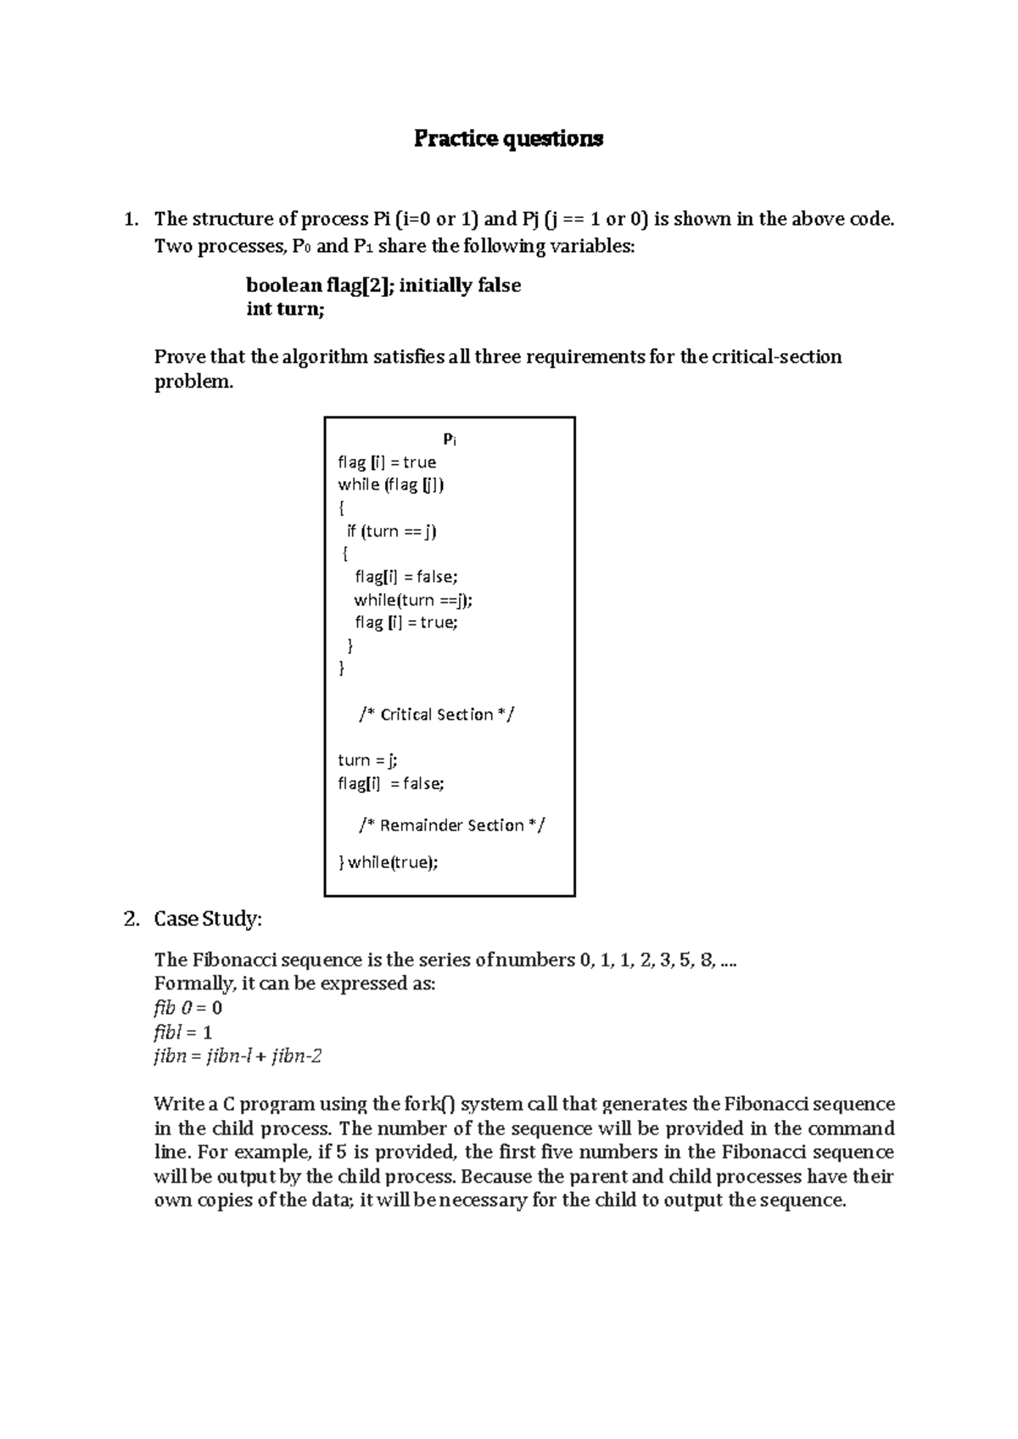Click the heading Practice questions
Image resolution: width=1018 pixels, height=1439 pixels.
[x=508, y=138]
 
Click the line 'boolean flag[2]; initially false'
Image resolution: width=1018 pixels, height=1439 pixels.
[x=383, y=285]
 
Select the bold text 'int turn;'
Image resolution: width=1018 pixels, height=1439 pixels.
[x=285, y=309]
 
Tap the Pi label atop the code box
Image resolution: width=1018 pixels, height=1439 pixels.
[x=450, y=440]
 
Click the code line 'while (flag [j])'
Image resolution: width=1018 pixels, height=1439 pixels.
[x=391, y=484]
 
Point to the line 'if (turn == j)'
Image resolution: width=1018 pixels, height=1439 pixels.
[x=391, y=531]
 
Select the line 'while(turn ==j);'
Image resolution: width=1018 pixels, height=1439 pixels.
[x=413, y=600]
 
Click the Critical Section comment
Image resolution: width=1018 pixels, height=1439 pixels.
[x=437, y=714]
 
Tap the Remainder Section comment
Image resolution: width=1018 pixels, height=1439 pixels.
[x=452, y=825]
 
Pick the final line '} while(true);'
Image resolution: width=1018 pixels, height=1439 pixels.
[x=389, y=862]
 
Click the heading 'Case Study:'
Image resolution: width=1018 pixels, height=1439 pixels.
[x=208, y=919]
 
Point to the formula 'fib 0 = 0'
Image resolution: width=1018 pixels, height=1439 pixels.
[x=187, y=1008]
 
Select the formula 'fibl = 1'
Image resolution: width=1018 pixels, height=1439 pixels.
[x=182, y=1033]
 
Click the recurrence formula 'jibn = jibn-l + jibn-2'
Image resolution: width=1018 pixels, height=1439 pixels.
[x=238, y=1056]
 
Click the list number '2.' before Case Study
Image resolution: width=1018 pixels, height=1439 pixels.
[x=130, y=919]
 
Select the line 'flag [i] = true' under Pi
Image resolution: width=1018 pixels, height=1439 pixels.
[x=387, y=462]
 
